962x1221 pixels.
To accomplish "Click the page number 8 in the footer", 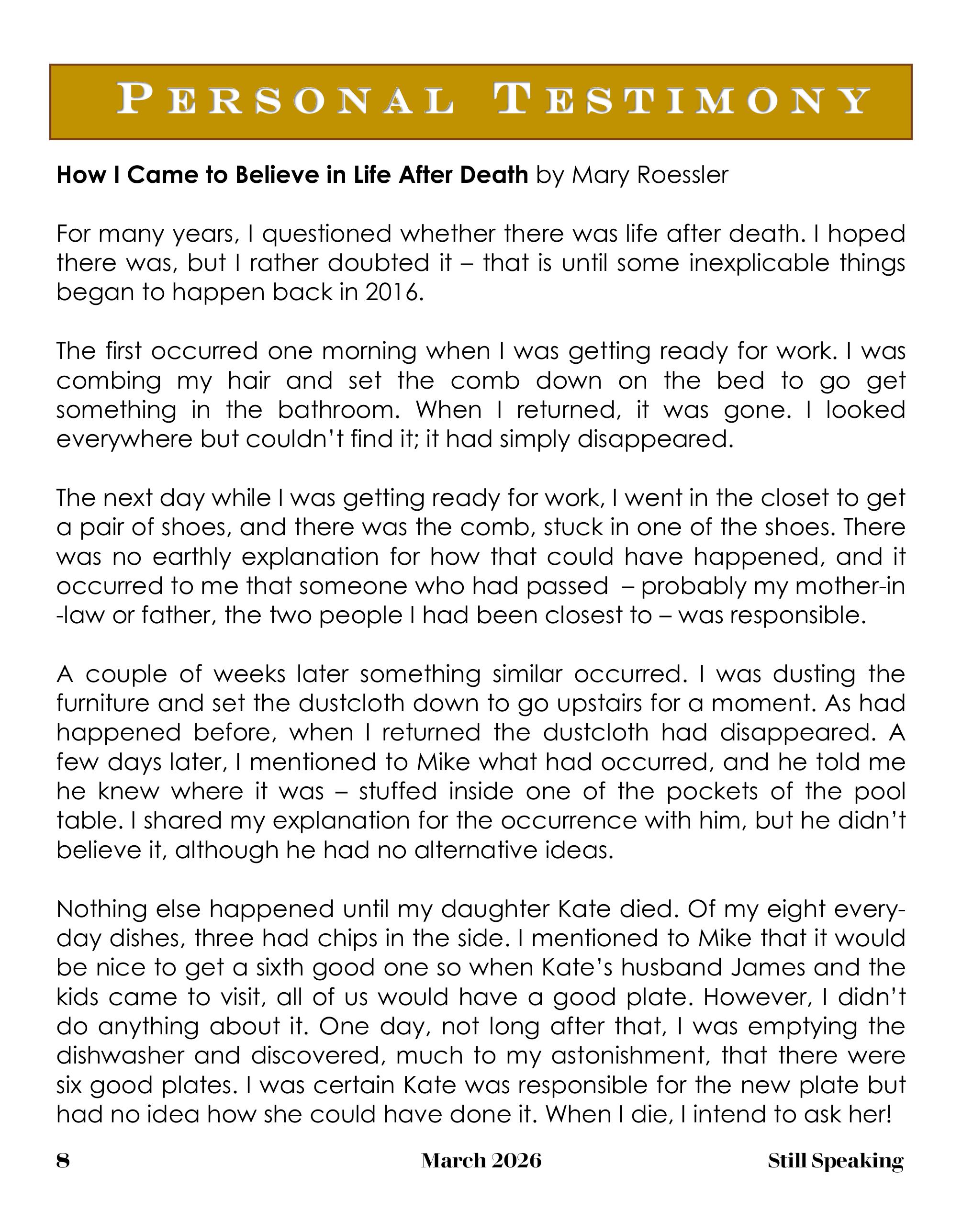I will coord(63,1161).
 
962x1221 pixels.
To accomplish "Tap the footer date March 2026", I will coord(481,1161).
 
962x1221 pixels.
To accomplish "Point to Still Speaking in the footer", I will coord(836,1161).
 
